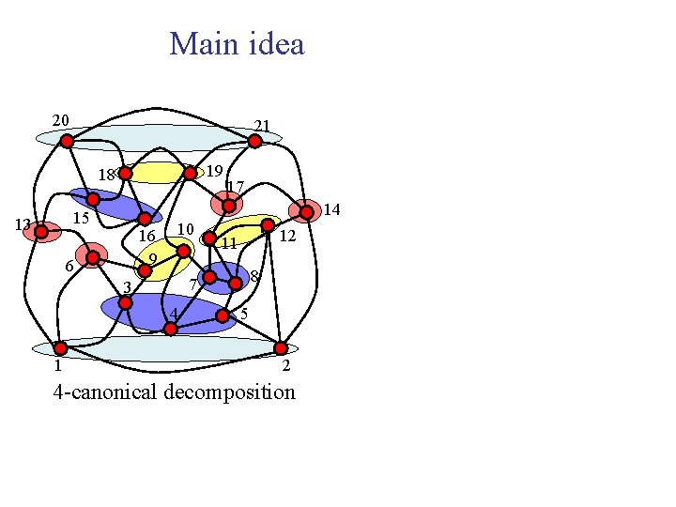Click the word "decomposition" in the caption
pyautogui.click(x=229, y=392)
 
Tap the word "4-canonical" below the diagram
pyautogui.click(x=105, y=392)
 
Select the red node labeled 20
pyautogui.click(x=67, y=141)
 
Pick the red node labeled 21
pyautogui.click(x=254, y=141)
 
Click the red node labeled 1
pyautogui.click(x=60, y=348)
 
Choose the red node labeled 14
pyautogui.click(x=306, y=212)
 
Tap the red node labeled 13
pyautogui.click(x=41, y=231)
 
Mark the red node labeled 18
pyautogui.click(x=125, y=173)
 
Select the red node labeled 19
pyautogui.click(x=190, y=173)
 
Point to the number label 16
pyautogui.click(x=146, y=236)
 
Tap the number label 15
pyautogui.click(x=81, y=218)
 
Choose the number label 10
pyautogui.click(x=185, y=229)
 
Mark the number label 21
pyautogui.click(x=262, y=126)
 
